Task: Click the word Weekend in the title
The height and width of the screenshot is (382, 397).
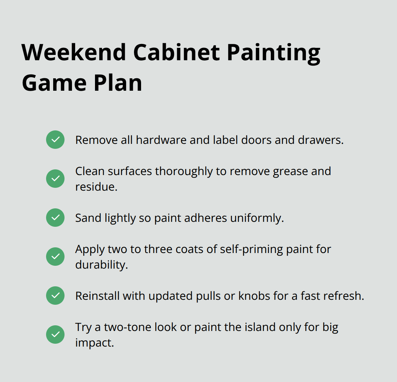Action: (x=74, y=52)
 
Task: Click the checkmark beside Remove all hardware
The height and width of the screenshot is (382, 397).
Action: (x=55, y=140)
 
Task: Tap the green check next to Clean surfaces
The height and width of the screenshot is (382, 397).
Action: (x=55, y=179)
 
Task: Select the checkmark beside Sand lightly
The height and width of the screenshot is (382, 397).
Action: (x=55, y=218)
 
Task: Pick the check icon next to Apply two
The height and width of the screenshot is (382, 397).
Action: (x=55, y=257)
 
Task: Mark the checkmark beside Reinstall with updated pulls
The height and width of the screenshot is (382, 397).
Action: (x=55, y=296)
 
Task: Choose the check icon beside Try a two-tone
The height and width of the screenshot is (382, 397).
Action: (x=55, y=335)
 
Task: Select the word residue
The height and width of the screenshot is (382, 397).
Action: (x=96, y=187)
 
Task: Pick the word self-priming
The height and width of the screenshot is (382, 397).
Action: (x=244, y=249)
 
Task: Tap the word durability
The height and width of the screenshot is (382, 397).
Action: (x=101, y=265)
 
